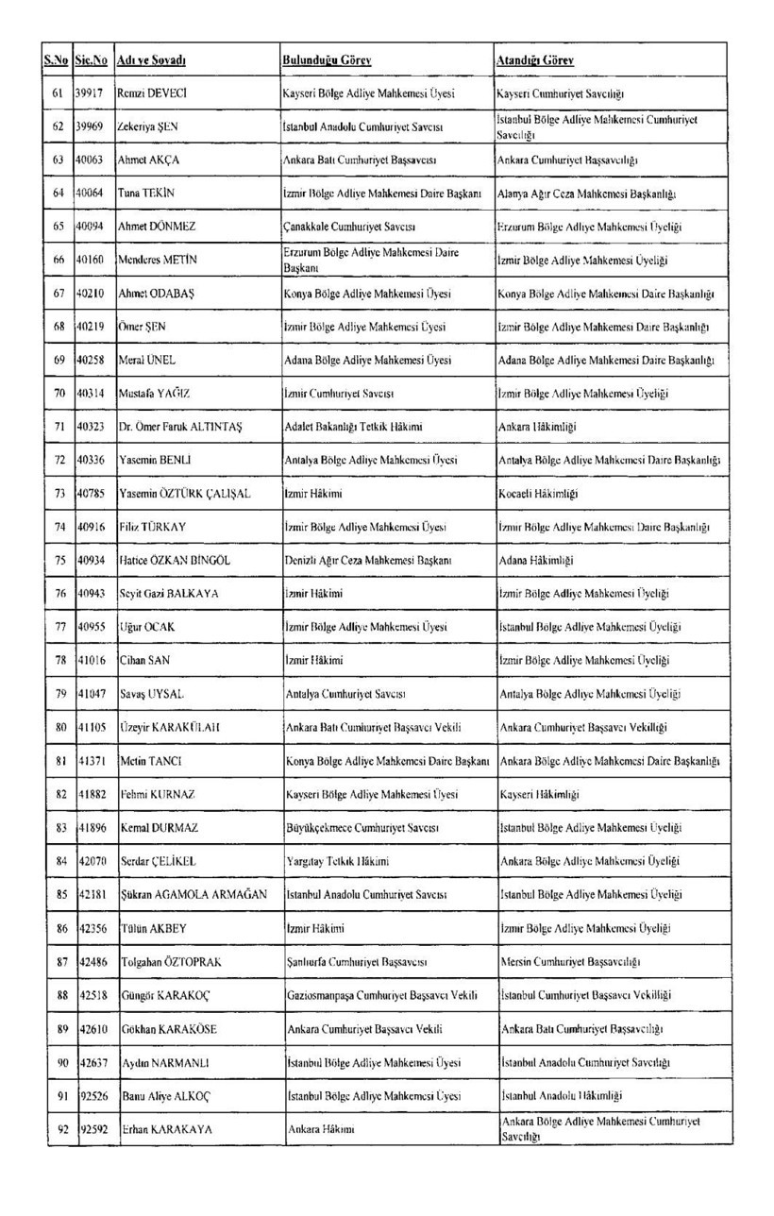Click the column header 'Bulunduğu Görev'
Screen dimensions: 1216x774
tap(327, 60)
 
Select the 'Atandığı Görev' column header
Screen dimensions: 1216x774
tap(535, 60)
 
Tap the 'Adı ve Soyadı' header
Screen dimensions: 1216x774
tap(150, 60)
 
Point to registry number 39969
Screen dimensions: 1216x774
tap(90, 127)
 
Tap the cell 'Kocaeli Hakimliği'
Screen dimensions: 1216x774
tap(538, 494)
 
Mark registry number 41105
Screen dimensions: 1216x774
tap(91, 727)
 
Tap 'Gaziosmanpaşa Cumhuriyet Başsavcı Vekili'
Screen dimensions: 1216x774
tap(381, 995)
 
